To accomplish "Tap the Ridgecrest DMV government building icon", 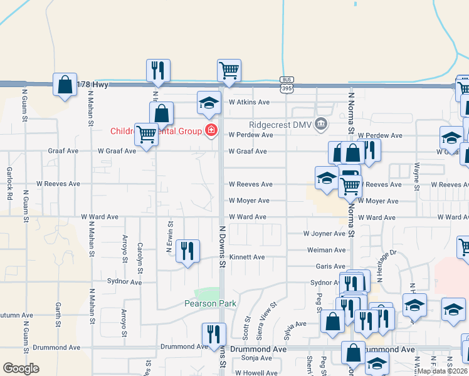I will (322, 123).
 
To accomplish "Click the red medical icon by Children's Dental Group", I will (211, 130).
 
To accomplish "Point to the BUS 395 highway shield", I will (287, 85).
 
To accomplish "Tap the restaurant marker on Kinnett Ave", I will (187, 251).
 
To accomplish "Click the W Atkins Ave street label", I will (249, 102).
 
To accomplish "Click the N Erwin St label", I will (169, 236).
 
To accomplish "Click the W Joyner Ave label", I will (324, 234).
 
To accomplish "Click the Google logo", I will (21, 368).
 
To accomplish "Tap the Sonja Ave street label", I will (257, 358).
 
